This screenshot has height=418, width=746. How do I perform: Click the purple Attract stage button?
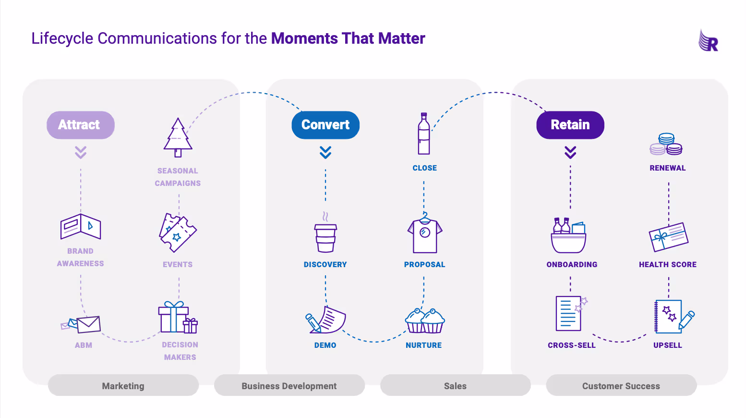point(80,125)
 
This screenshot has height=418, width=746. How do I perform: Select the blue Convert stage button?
point(325,125)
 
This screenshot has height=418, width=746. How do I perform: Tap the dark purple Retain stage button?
point(570,125)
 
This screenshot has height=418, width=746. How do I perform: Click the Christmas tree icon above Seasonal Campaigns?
point(178,138)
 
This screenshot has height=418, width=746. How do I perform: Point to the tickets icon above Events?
point(178,233)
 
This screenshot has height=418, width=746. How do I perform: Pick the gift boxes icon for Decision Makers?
point(178,318)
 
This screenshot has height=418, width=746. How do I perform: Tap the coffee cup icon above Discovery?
point(325,236)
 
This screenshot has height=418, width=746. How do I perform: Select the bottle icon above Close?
point(424,134)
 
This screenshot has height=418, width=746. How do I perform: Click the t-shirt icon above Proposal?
point(424,234)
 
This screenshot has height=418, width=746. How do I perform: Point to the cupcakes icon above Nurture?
point(425,321)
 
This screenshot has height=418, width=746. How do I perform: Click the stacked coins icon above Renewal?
point(666,145)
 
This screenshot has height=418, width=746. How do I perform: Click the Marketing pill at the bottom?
point(123,385)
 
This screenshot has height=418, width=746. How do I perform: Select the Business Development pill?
point(289,385)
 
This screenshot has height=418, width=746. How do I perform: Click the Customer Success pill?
point(621,385)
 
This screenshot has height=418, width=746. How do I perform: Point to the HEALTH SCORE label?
point(667,264)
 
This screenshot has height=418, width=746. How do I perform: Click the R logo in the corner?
point(709,41)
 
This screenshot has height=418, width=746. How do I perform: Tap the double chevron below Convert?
point(325,152)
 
